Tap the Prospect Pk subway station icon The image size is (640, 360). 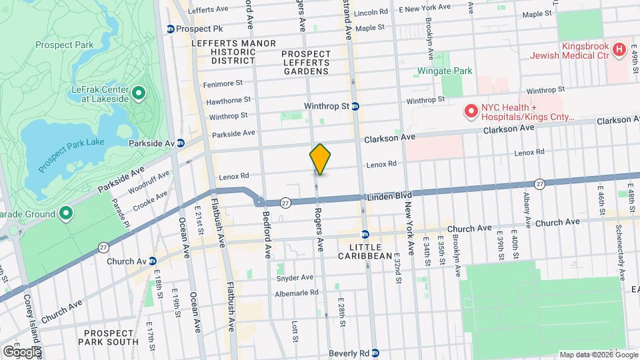click(x=171, y=29)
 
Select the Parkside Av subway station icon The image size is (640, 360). click(x=189, y=143)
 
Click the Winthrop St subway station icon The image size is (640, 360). click(x=355, y=106)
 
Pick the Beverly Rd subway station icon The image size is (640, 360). click(x=375, y=353)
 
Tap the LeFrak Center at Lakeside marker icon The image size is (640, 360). click(x=139, y=93)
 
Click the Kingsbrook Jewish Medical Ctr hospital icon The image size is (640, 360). click(x=619, y=49)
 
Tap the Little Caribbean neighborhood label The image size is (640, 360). click(x=365, y=251)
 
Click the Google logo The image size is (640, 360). click(x=21, y=351)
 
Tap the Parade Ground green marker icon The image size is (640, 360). click(x=65, y=213)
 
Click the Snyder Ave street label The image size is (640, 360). click(x=295, y=277)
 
